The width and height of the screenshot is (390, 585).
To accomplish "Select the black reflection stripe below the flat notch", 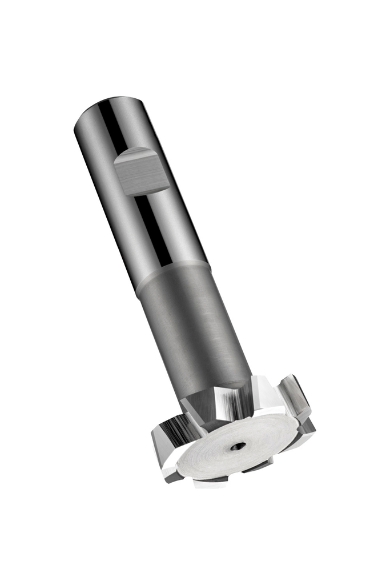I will [x=154, y=229].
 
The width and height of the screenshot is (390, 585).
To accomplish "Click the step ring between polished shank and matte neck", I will [x=171, y=274].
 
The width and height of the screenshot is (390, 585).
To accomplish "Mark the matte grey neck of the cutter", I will [x=194, y=326].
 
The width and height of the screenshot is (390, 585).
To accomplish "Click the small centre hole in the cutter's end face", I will [x=239, y=446].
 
